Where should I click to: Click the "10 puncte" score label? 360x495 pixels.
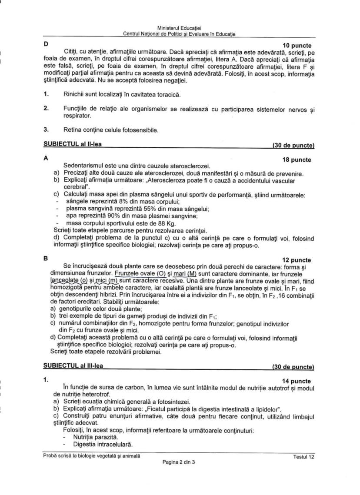297,46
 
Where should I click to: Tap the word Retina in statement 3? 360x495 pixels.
73,129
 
